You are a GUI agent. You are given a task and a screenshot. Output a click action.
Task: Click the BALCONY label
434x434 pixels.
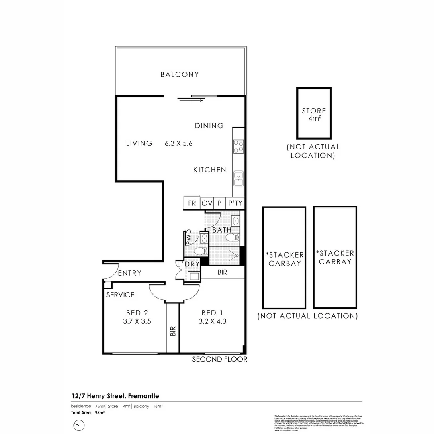pos(180,74)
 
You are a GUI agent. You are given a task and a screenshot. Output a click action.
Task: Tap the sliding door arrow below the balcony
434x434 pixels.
pos(192,100)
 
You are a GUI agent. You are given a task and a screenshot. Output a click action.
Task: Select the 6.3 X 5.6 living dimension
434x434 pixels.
pos(179,143)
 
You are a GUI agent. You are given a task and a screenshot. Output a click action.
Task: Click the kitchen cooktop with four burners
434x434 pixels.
pos(239,146)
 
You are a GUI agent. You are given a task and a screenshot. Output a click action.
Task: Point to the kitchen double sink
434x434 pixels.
pos(239,178)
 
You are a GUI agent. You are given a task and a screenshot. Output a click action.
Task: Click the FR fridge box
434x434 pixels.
pos(192,203)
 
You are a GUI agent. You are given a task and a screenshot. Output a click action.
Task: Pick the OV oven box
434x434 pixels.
pos(207,203)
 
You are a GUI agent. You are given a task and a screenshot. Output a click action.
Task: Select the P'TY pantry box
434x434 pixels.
pos(235,203)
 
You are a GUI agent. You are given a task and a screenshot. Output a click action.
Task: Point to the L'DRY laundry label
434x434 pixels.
pos(188,264)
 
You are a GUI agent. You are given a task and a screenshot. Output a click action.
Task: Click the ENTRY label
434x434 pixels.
pos(130,273)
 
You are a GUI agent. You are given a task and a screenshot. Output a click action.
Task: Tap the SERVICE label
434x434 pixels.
pos(121,295)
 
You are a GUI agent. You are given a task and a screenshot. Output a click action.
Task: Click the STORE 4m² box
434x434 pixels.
pos(314,114)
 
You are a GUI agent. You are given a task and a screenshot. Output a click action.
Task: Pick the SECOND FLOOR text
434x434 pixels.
pos(219,359)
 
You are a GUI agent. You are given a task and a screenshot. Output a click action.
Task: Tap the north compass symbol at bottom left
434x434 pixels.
pos(79,425)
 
